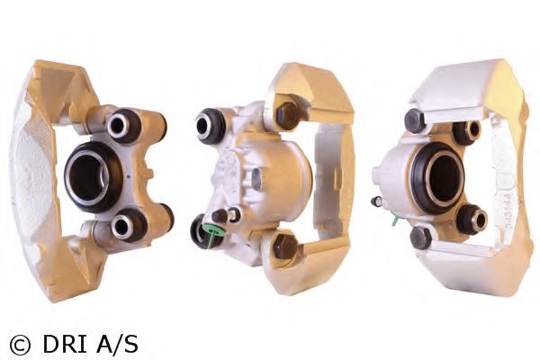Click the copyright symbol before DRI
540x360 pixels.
[20, 345]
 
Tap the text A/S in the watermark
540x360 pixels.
[117, 344]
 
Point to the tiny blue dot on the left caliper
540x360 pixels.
[129, 177]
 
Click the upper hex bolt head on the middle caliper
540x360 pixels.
[288, 116]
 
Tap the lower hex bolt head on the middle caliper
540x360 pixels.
[285, 247]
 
